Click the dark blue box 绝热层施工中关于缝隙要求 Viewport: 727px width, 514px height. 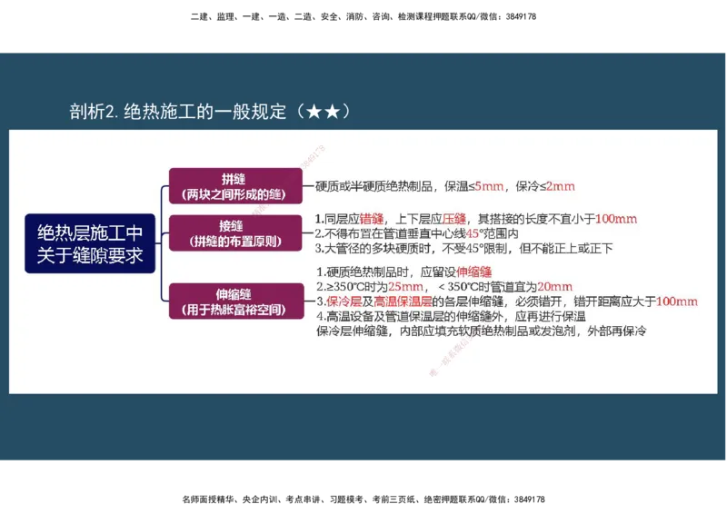(x=90, y=243)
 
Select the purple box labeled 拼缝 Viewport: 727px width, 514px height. (x=234, y=186)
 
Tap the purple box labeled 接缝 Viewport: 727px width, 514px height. (x=234, y=232)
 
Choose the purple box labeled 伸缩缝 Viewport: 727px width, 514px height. (x=234, y=301)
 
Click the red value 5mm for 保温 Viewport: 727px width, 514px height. (x=490, y=186)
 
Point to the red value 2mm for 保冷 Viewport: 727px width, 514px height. (x=560, y=186)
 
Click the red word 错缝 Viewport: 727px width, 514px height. (x=372, y=219)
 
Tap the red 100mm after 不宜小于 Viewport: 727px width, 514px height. (x=616, y=219)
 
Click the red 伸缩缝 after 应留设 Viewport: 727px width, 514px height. (x=473, y=272)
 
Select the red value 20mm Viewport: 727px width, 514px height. (x=554, y=286)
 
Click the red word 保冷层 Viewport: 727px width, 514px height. (x=344, y=301)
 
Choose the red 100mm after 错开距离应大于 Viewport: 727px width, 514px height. (x=676, y=301)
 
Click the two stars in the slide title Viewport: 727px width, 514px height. (x=324, y=112)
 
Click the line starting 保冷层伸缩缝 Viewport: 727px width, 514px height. (x=481, y=331)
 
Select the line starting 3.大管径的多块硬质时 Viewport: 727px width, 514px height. (x=464, y=248)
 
